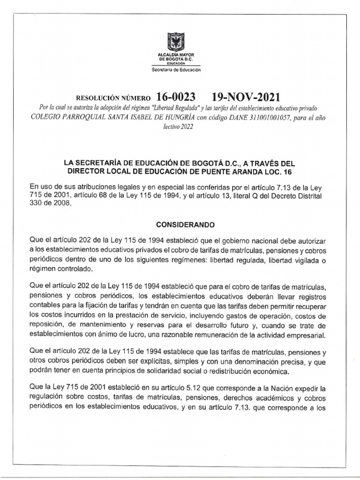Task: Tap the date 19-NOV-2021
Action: point(246,97)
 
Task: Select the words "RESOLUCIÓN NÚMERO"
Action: point(110,98)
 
